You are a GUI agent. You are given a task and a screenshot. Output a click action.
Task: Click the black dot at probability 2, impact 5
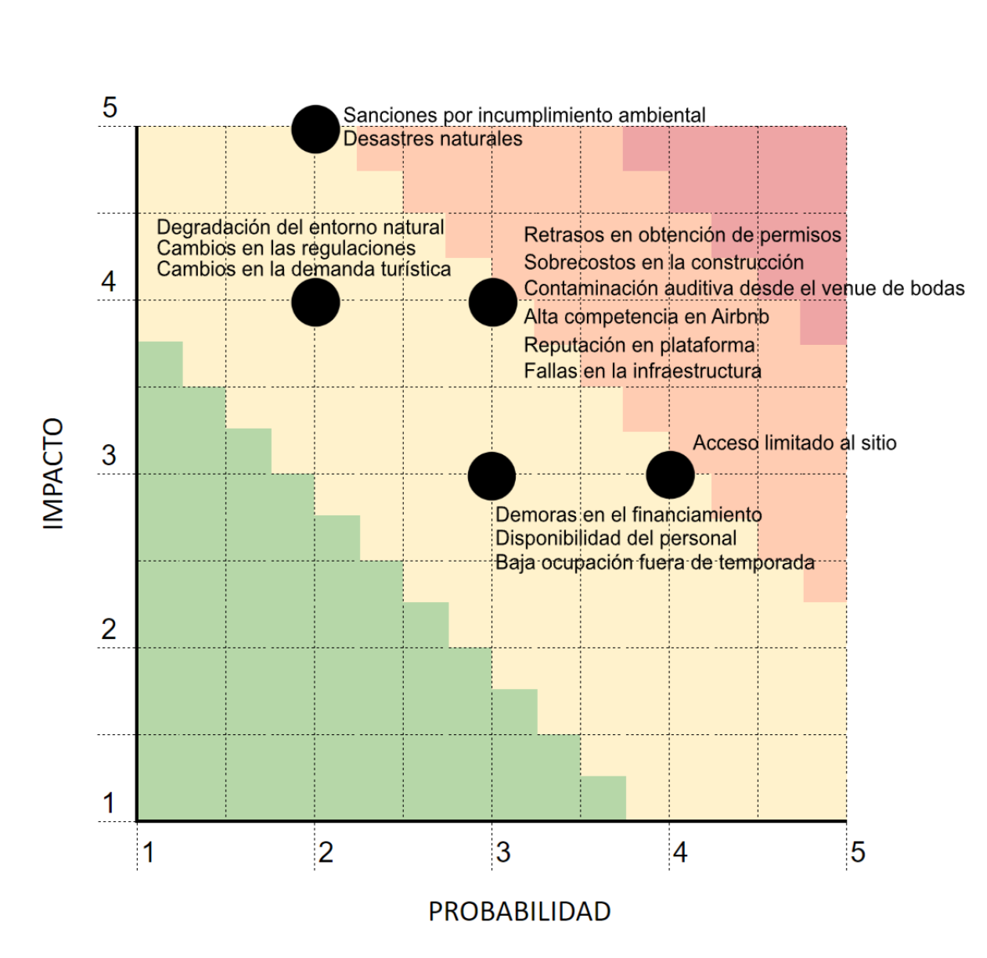pyautogui.click(x=315, y=129)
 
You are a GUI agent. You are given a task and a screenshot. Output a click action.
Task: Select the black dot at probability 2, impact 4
pyautogui.click(x=315, y=302)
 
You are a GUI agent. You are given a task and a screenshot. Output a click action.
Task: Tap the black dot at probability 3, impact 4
pyautogui.click(x=492, y=302)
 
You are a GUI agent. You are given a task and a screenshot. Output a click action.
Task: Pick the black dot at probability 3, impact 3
pyautogui.click(x=492, y=476)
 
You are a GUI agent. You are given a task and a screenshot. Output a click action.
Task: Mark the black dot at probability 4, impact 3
pyautogui.click(x=670, y=475)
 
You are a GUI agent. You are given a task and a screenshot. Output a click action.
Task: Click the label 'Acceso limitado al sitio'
pyautogui.click(x=794, y=443)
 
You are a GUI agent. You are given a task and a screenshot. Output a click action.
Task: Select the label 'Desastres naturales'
pyautogui.click(x=433, y=138)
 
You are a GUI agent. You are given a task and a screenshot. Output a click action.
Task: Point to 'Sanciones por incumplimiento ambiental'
pyautogui.click(x=524, y=116)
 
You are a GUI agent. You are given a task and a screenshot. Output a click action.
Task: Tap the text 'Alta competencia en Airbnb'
pyautogui.click(x=647, y=317)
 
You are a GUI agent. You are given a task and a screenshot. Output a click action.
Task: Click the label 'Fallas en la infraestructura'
pyautogui.click(x=642, y=371)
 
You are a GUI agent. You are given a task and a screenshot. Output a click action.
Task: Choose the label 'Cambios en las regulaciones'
pyautogui.click(x=286, y=249)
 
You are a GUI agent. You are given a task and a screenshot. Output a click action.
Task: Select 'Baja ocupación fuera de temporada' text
pyautogui.click(x=655, y=562)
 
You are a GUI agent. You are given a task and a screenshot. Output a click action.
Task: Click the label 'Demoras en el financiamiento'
pyautogui.click(x=629, y=515)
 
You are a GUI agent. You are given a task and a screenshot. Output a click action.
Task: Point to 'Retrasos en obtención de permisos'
pyautogui.click(x=683, y=235)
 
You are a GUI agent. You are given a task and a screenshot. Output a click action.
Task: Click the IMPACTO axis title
pyautogui.click(x=52, y=474)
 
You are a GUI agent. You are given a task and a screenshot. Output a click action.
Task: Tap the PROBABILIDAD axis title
pyautogui.click(x=520, y=911)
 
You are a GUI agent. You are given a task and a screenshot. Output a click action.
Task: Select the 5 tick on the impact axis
pyautogui.click(x=110, y=107)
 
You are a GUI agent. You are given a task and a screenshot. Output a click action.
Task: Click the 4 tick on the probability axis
pyautogui.click(x=679, y=852)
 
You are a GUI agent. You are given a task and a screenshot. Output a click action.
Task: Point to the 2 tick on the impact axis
pyautogui.click(x=109, y=630)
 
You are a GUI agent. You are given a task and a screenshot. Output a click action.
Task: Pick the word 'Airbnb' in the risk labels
pyautogui.click(x=740, y=316)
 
